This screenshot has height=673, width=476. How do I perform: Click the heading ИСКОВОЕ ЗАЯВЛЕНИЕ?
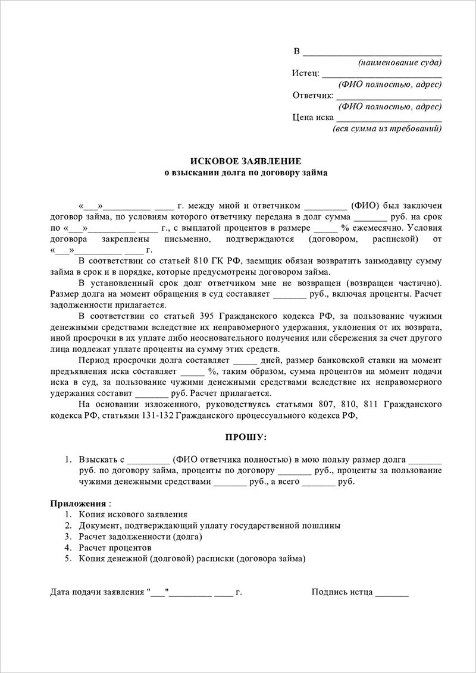(245, 162)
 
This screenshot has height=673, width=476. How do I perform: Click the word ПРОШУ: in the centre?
(245, 438)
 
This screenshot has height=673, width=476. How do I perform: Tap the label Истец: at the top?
(305, 73)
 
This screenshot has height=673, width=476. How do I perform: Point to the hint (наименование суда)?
(399, 62)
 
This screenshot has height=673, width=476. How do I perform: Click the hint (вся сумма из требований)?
(387, 128)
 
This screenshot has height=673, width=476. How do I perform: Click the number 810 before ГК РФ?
(200, 260)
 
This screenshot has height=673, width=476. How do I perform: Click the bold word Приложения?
(77, 503)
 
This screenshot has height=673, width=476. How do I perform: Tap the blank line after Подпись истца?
(392, 592)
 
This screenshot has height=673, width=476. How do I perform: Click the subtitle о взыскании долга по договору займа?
(245, 173)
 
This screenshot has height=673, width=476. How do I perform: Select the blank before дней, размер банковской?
(245, 360)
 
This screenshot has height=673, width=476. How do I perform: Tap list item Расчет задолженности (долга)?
(140, 536)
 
